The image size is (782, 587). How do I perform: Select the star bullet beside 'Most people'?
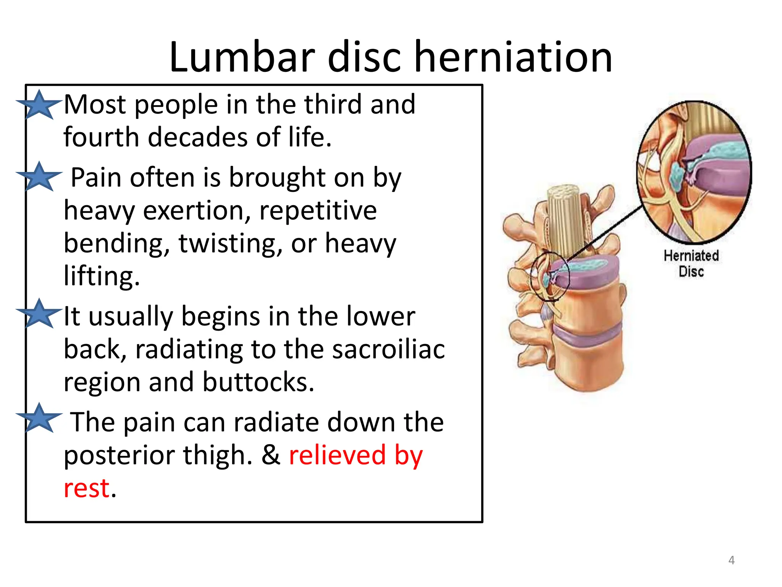(x=39, y=105)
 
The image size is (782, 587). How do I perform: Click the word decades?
(x=198, y=137)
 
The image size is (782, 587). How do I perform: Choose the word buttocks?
(x=258, y=382)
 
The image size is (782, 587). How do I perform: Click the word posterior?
(x=119, y=455)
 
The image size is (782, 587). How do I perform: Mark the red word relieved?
(x=338, y=455)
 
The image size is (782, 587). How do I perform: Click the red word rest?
(x=87, y=488)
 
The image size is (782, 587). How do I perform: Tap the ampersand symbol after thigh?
(x=271, y=455)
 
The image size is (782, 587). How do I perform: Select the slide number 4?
(x=731, y=560)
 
